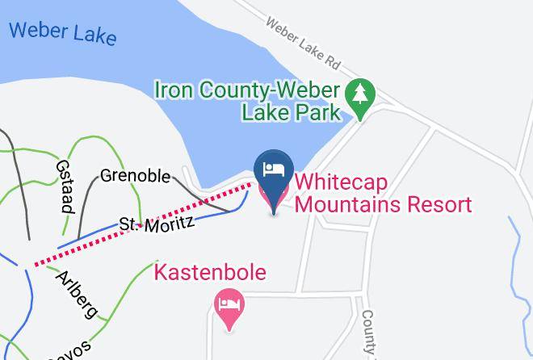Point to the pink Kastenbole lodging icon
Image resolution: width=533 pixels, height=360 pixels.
click(x=229, y=307)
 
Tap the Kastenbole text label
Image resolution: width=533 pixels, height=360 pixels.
click(x=209, y=272)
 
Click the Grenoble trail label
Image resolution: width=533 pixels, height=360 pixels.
click(x=135, y=175)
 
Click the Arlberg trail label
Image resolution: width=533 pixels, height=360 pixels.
click(x=77, y=295)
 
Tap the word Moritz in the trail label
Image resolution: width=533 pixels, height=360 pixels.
click(x=170, y=218)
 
